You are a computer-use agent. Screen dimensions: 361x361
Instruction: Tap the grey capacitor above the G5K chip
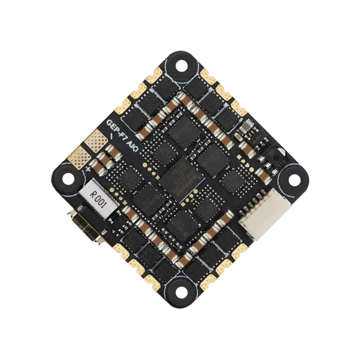pos(244,127)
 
